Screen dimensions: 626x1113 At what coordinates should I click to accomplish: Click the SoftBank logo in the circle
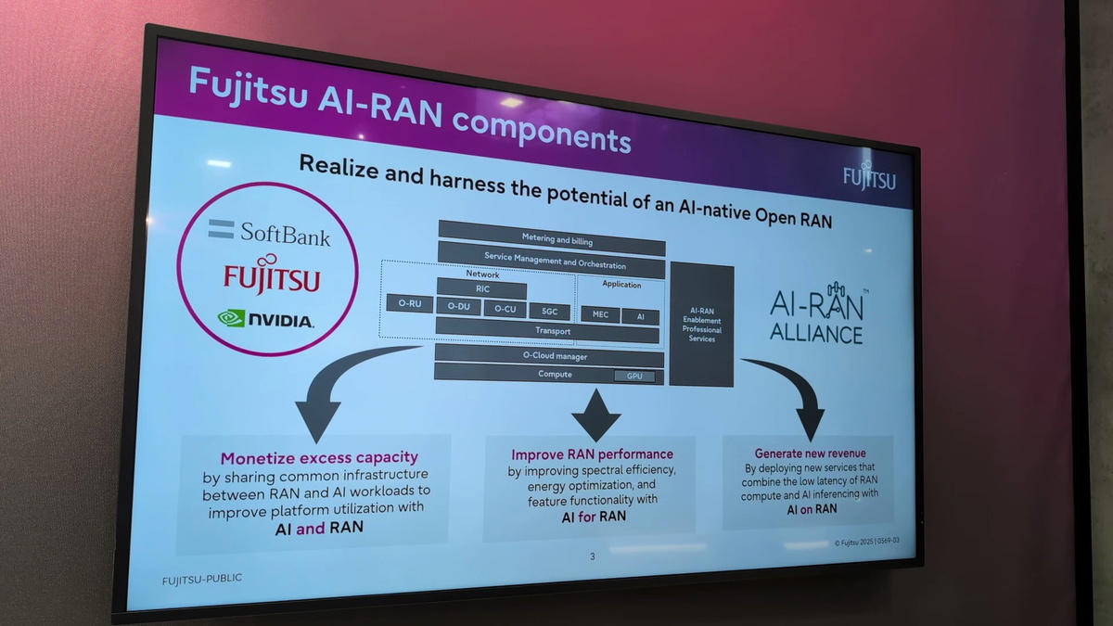click(269, 232)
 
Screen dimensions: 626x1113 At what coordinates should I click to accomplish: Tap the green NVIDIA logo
click(266, 318)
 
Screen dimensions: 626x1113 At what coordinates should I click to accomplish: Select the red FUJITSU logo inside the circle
click(272, 277)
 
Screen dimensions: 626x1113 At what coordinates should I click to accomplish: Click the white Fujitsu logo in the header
click(869, 176)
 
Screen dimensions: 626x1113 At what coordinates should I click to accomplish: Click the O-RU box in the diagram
click(409, 303)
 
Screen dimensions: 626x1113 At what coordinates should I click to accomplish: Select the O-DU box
click(458, 307)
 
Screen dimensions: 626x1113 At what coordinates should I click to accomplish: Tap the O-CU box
click(505, 309)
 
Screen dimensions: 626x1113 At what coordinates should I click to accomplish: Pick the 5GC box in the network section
click(550, 312)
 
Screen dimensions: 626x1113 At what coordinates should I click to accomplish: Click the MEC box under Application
click(600, 314)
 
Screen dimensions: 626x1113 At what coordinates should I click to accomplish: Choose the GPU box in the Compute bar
click(634, 376)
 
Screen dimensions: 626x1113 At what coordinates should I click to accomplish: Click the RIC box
click(482, 289)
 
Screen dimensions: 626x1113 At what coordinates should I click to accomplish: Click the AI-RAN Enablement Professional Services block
click(701, 325)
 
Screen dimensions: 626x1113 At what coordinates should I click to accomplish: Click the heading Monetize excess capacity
click(318, 457)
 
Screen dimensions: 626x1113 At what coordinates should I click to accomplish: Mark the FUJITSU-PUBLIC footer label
click(201, 579)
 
